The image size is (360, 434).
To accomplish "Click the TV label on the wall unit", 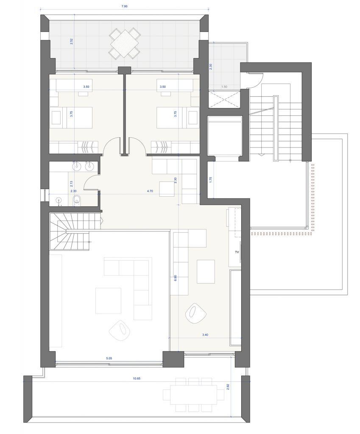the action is [x=237, y=252].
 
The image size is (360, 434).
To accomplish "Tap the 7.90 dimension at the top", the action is [x=124, y=7].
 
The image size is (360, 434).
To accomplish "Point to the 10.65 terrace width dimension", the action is [x=137, y=378].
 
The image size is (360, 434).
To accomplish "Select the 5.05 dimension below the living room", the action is [x=109, y=358].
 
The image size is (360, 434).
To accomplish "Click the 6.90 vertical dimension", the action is [x=175, y=278].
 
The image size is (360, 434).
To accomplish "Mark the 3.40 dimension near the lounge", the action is [x=205, y=335].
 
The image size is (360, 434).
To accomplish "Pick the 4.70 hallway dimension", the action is [x=150, y=191].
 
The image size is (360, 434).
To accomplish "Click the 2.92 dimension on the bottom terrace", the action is [x=228, y=387].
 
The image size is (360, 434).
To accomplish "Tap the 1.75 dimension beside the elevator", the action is [x=211, y=180].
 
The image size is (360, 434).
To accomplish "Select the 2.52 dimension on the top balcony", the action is [x=71, y=42].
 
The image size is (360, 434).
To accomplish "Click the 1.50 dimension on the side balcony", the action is [x=224, y=86].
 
